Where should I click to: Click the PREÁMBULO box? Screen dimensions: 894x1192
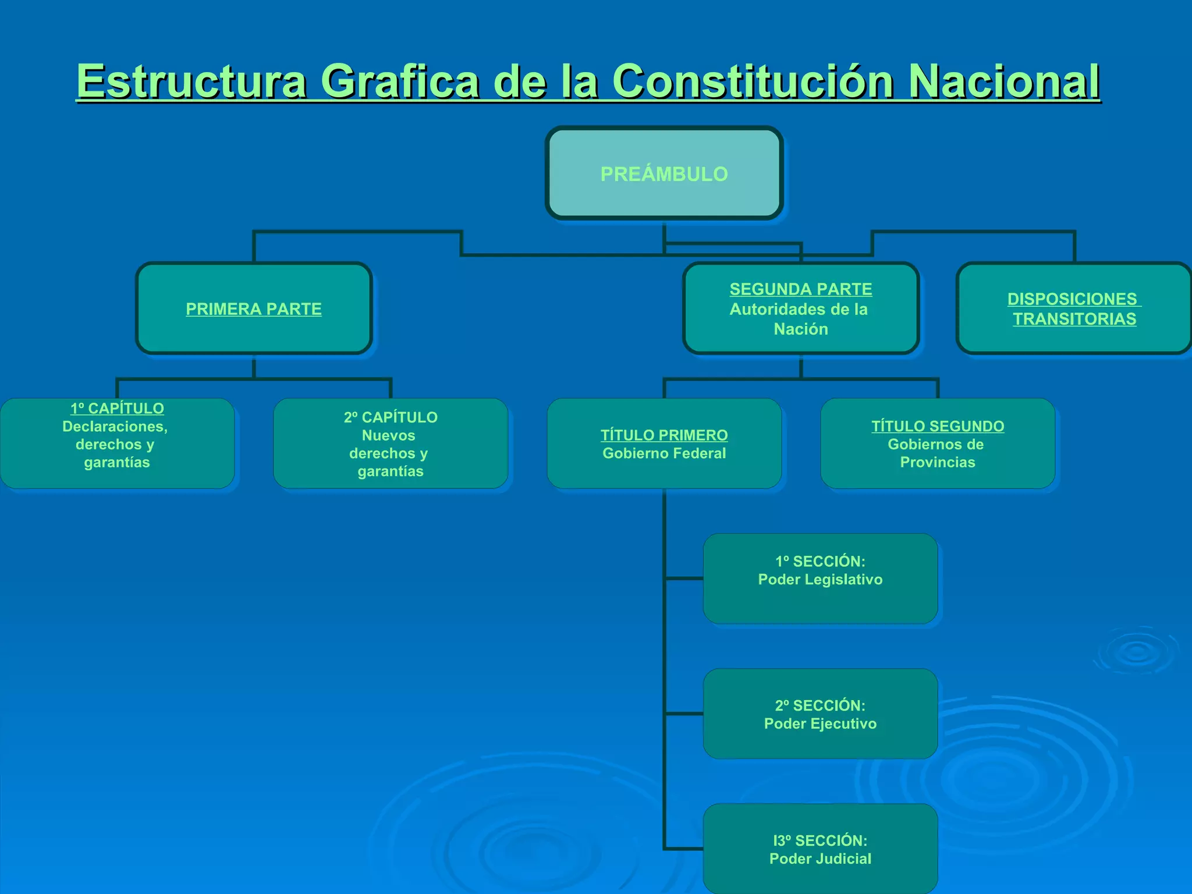pyautogui.click(x=664, y=173)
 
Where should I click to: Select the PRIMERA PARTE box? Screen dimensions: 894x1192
pyautogui.click(x=254, y=308)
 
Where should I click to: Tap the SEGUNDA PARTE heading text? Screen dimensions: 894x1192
pyautogui.click(x=800, y=289)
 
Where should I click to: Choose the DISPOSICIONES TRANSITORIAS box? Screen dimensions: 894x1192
pyautogui.click(x=1074, y=308)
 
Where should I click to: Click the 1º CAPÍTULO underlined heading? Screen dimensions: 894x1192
pyautogui.click(x=117, y=409)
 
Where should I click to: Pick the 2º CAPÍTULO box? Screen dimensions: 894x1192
pyautogui.click(x=391, y=444)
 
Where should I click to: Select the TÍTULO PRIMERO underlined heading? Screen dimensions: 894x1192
pyautogui.click(x=664, y=435)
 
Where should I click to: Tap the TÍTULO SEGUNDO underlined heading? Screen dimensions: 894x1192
pyautogui.click(x=938, y=427)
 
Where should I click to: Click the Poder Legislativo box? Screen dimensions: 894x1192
pyautogui.click(x=820, y=579)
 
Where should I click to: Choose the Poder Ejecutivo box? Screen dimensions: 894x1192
pyautogui.click(x=820, y=714)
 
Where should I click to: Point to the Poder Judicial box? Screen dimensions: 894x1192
pyautogui.click(x=820, y=849)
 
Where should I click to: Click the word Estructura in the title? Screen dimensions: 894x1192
pyautogui.click(x=191, y=81)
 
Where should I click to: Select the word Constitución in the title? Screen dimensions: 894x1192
pyautogui.click(x=753, y=81)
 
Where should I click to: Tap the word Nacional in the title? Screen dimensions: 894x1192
pyautogui.click(x=1004, y=81)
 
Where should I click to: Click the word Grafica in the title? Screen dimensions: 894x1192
pyautogui.click(x=400, y=81)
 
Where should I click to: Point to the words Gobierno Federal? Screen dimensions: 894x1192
pyautogui.click(x=664, y=453)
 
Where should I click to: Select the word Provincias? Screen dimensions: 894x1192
pyautogui.click(x=938, y=463)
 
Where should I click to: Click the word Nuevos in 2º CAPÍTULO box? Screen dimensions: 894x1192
pyautogui.click(x=389, y=435)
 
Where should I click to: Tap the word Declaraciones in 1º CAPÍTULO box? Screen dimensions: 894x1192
pyautogui.click(x=115, y=427)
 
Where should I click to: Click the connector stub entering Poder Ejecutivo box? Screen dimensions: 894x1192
pyautogui.click(x=684, y=714)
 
